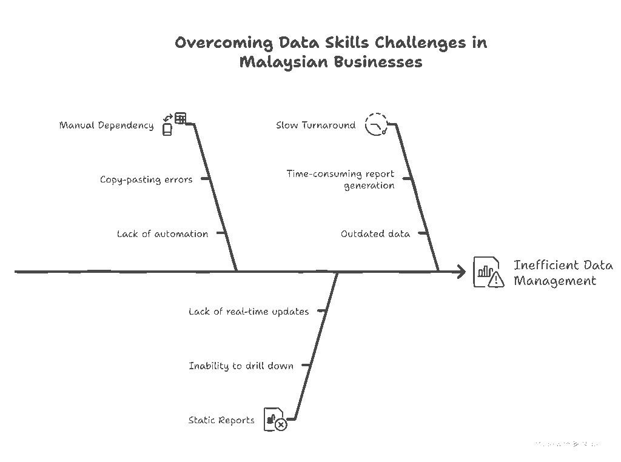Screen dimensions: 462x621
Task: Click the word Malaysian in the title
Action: click(278, 62)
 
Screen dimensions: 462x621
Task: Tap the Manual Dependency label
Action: click(106, 126)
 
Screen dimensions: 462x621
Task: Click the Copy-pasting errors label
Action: click(146, 179)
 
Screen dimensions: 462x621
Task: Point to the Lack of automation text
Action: click(163, 234)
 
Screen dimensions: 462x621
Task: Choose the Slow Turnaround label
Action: click(315, 126)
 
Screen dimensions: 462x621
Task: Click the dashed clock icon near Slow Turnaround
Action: click(376, 124)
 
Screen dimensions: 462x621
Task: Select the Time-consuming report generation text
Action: click(341, 179)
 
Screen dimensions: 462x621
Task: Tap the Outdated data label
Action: click(375, 234)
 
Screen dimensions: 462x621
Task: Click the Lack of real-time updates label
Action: click(249, 312)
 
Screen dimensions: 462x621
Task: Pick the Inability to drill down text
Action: click(241, 366)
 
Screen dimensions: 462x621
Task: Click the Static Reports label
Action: click(221, 420)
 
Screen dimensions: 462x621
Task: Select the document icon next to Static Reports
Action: click(275, 420)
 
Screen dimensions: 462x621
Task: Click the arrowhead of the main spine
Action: click(461, 272)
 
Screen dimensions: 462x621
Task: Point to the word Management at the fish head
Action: click(555, 281)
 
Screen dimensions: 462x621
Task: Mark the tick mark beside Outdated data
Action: click(423, 233)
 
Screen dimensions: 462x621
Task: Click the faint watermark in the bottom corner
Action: click(567, 444)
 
